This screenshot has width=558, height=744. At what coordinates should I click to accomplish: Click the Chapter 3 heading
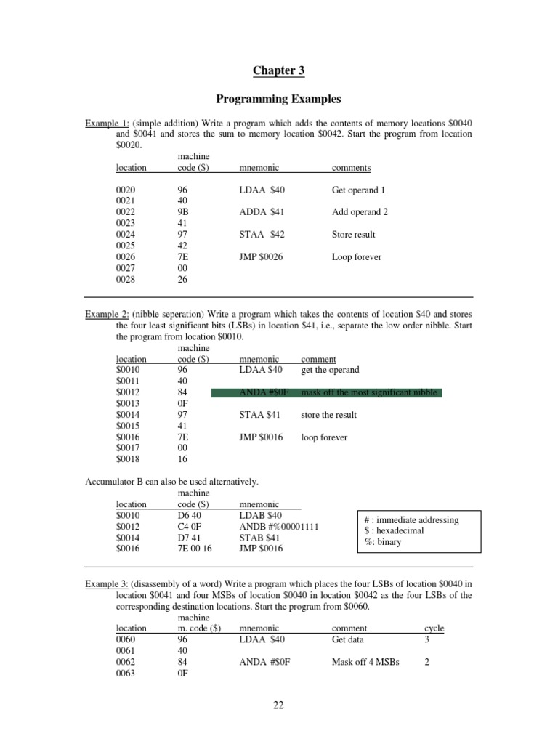278,70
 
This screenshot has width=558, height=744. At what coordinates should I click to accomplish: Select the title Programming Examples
278,99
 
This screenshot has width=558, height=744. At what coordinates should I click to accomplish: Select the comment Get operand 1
358,190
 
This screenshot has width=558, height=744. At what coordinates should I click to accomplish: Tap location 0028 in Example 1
126,280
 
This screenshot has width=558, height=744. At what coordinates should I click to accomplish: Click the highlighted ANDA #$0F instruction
264,393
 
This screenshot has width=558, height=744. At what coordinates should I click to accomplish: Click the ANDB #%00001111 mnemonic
278,527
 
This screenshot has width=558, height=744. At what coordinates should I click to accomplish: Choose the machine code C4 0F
190,527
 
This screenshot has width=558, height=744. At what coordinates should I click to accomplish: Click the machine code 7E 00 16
196,549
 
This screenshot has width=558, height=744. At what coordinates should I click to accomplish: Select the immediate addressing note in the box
411,520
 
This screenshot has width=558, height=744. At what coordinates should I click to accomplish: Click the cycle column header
434,628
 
